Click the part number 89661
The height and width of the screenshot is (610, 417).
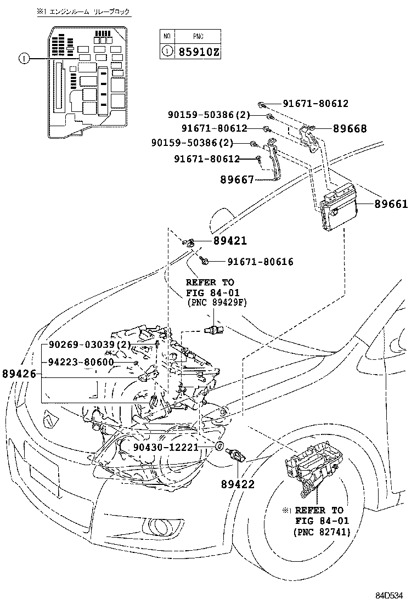(391, 204)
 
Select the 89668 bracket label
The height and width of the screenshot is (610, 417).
(350, 129)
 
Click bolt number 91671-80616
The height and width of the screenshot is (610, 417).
(253, 262)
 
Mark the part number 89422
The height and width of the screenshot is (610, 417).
(238, 484)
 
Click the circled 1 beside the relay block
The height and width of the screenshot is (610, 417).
(24, 58)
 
